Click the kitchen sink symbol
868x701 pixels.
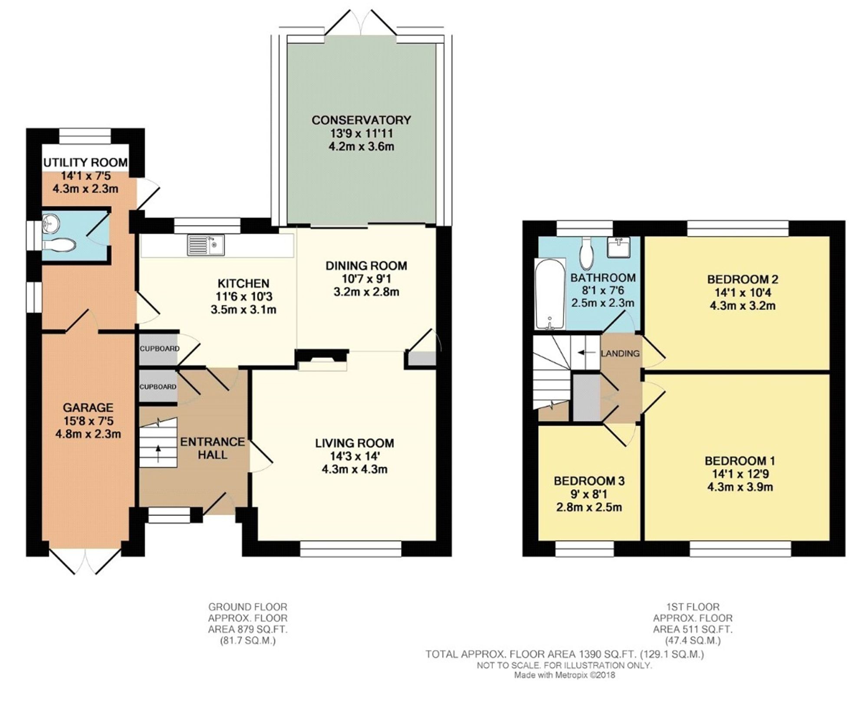[206, 245]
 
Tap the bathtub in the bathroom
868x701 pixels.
[550, 294]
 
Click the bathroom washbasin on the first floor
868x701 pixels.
[618, 248]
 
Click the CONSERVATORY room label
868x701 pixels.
[361, 120]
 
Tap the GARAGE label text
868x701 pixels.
[88, 407]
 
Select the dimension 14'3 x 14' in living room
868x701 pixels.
[355, 456]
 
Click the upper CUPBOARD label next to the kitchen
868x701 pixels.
[159, 349]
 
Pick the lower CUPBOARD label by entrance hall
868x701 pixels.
[158, 387]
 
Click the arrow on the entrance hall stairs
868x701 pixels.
[158, 453]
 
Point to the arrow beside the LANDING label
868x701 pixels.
[587, 353]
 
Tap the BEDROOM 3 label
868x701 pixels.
[589, 481]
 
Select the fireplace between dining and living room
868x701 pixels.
[322, 360]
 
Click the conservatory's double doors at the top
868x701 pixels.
[361, 24]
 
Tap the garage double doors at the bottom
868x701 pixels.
[85, 562]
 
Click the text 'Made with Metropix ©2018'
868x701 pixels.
[564, 675]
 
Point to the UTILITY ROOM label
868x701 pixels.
[85, 163]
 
